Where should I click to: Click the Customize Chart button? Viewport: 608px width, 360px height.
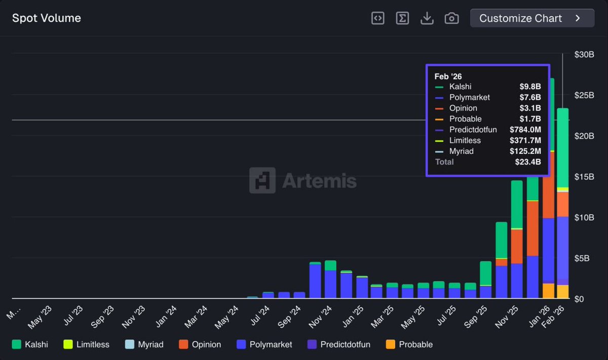point(531,18)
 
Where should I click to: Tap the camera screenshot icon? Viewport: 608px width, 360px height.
point(451,18)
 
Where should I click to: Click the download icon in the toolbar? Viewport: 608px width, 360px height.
point(427,18)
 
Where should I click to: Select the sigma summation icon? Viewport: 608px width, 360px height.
point(402,18)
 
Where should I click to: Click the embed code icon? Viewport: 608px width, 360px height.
point(378,18)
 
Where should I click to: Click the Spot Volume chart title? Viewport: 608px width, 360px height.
point(47,18)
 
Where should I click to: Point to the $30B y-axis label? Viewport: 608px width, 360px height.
point(584,54)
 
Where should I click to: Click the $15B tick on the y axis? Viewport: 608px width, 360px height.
point(584,177)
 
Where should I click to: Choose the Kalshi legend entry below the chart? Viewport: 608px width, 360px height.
point(30,344)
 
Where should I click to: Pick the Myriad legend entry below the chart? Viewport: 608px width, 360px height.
point(144,344)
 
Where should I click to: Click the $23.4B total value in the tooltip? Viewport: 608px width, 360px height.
point(527,162)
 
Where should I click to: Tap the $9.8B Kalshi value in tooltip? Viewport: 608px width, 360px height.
point(530,87)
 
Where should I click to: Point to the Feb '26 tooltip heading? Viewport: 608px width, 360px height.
point(448,76)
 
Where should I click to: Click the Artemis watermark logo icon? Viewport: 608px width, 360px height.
point(262,181)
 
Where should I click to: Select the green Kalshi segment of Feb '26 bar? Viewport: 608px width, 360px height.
point(562,147)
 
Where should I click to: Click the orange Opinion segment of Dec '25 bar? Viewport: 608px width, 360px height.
point(533,228)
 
